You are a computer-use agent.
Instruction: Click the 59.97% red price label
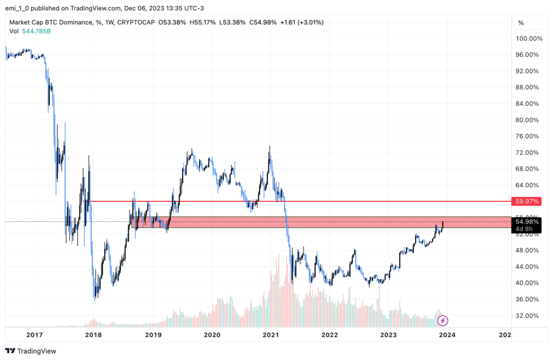(527, 201)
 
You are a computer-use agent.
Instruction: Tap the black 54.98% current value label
(527, 221)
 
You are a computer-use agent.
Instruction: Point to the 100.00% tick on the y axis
(529, 38)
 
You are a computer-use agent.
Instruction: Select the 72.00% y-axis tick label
(529, 153)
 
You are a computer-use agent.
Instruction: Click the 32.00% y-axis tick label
(529, 316)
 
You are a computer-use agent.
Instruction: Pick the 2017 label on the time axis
(35, 335)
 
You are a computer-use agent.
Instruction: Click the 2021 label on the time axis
(271, 335)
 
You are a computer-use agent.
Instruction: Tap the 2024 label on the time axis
(447, 335)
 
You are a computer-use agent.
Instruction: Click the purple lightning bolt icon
(443, 321)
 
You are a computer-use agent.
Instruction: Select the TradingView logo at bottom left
(32, 351)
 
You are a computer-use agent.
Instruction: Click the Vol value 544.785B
(38, 31)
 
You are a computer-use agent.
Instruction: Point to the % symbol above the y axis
(521, 23)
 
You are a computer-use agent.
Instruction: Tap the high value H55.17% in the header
(200, 22)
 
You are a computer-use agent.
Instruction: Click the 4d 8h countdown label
(524, 229)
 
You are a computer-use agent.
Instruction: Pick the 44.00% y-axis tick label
(529, 267)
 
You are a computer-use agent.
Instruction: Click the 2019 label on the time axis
(153, 335)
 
